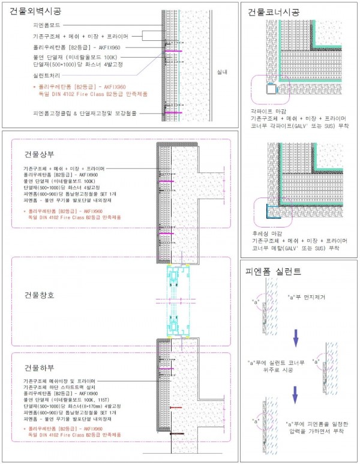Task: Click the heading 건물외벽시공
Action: pos(35,12)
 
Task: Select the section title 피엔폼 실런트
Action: pos(274,271)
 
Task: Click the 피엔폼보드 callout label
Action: pos(50,26)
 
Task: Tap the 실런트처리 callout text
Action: pos(49,76)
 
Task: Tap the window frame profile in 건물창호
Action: pos(177,300)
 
